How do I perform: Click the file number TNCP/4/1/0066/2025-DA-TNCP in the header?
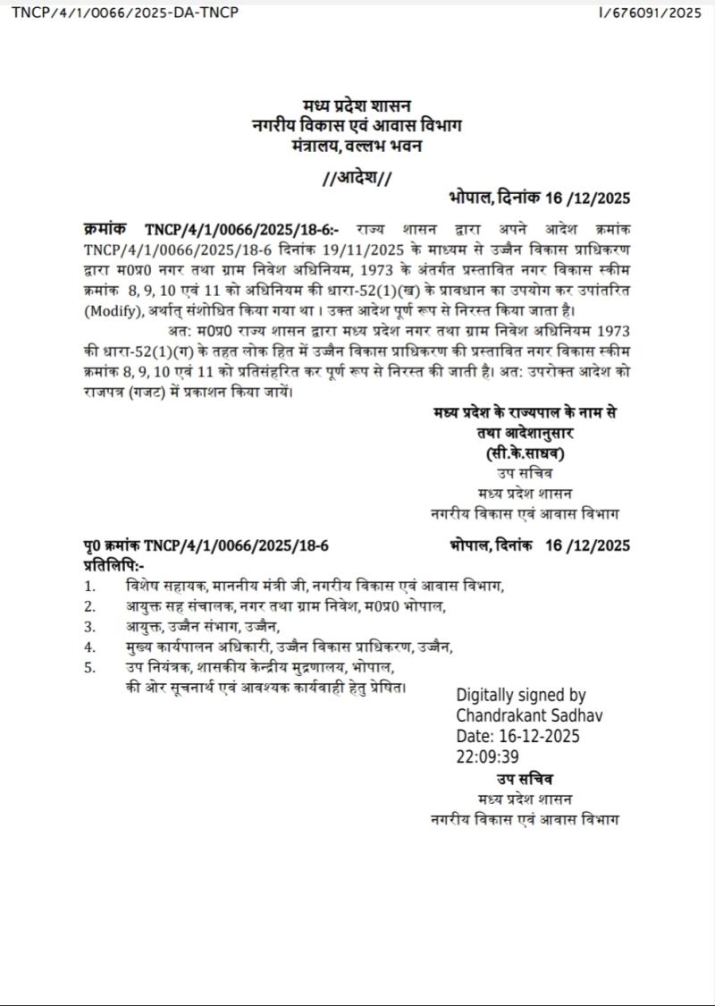(125, 13)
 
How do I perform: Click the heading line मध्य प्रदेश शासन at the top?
(357, 106)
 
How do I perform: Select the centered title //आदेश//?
(357, 178)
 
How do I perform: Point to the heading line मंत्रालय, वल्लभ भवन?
(357, 144)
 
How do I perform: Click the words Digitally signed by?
(521, 695)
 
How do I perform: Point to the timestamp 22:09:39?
(487, 757)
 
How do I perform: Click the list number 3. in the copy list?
(89, 627)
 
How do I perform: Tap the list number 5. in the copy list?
(89, 668)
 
